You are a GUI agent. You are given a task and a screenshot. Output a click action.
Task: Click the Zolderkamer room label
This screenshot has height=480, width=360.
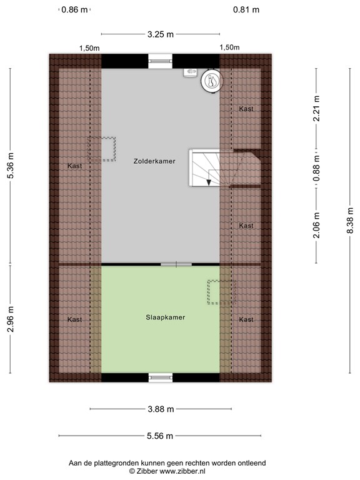[154, 161]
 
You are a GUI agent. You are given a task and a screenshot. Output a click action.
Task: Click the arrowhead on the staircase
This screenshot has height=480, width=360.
[209, 181]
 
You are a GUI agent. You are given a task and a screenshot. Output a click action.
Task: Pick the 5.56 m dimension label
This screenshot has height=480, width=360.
[161, 436]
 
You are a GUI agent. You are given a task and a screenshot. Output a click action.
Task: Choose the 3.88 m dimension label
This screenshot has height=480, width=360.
[161, 409]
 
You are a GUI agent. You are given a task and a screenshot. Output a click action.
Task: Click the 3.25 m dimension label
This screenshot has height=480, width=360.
[161, 34]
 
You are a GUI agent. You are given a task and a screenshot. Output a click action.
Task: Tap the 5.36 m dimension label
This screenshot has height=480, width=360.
[11, 166]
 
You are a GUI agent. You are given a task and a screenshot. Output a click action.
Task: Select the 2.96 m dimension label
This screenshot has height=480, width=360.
[11, 319]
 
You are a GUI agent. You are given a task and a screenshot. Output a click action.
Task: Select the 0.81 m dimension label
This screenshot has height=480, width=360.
[246, 10]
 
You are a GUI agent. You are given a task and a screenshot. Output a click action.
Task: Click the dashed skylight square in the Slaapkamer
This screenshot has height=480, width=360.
[220, 292]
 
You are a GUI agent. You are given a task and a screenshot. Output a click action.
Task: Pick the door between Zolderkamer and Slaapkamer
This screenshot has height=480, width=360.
[176, 264]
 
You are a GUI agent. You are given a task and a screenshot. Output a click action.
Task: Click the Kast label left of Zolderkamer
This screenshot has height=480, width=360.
[75, 166]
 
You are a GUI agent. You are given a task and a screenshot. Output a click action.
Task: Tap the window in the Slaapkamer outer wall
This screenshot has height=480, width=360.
[161, 377]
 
